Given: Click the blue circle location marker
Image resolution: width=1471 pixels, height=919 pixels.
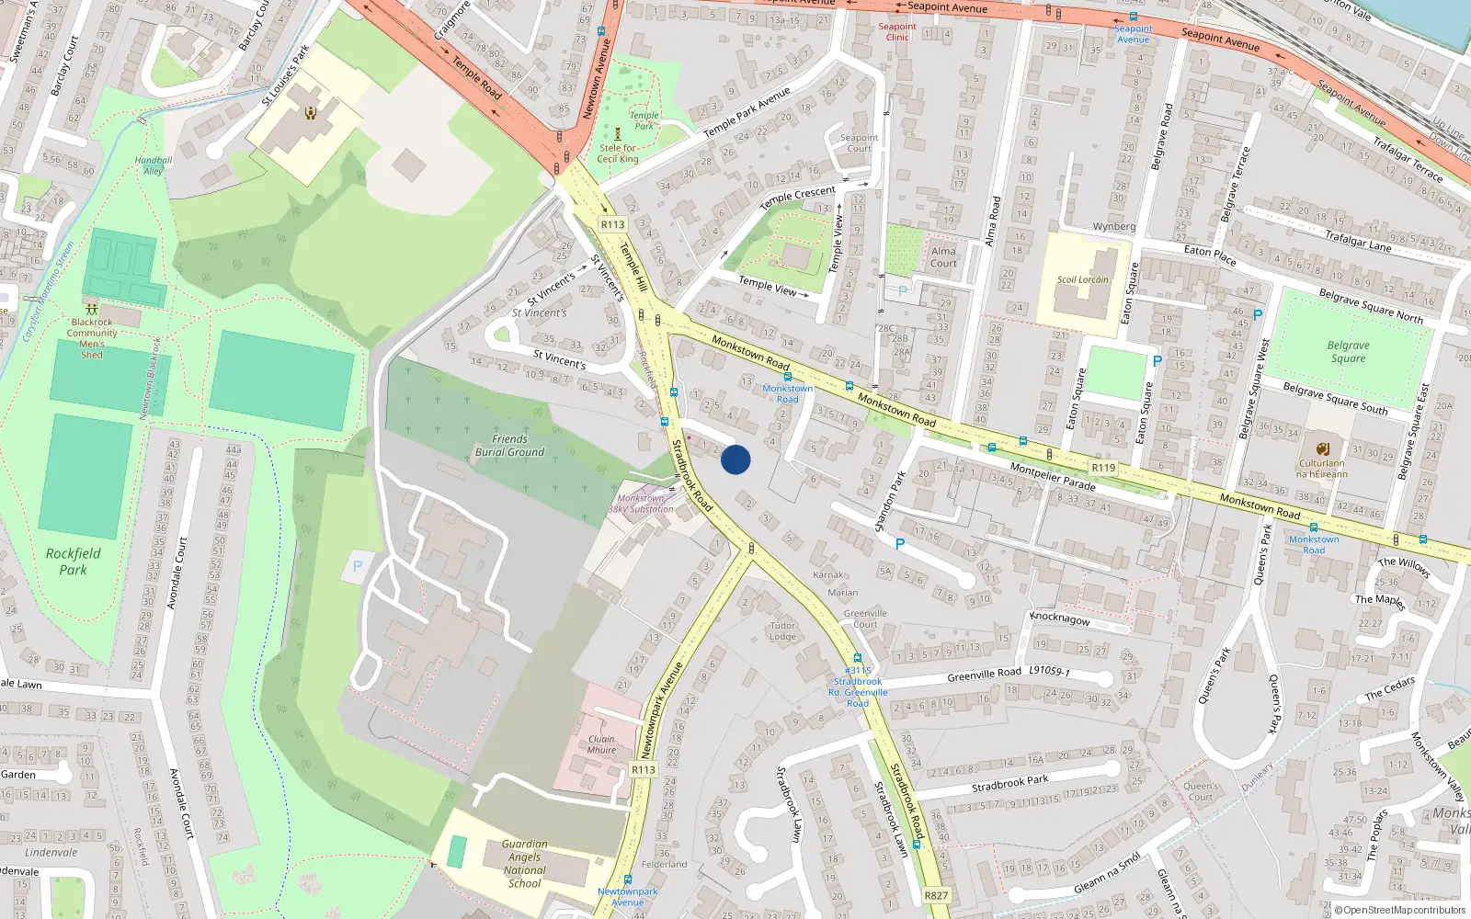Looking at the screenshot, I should [x=735, y=459].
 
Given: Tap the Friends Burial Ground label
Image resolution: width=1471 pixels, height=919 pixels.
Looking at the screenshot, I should [x=509, y=446].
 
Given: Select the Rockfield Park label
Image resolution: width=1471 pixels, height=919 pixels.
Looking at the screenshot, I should [x=73, y=562].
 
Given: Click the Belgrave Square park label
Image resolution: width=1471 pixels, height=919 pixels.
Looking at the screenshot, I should [x=1348, y=352].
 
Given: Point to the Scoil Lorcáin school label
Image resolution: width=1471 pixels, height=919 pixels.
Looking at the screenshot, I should [x=1082, y=279].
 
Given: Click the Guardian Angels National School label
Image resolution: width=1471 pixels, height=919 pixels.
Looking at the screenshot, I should [x=524, y=864].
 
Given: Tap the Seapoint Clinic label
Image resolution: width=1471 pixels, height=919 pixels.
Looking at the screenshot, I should [x=897, y=32].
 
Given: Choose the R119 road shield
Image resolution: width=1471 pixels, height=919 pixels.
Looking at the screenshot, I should [x=1103, y=468].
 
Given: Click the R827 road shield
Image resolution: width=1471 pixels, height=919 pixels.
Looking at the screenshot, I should [x=936, y=895].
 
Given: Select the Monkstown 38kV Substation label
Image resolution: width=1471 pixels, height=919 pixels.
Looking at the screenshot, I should [x=642, y=504].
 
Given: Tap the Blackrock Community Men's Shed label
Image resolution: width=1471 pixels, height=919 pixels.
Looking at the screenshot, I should [x=92, y=338].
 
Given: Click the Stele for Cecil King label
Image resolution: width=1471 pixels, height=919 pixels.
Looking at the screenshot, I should [x=618, y=153].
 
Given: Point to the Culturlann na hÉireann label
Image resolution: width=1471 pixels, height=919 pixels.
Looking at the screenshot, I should [x=1322, y=469].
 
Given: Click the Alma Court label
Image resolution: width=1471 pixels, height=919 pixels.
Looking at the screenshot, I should [x=943, y=257].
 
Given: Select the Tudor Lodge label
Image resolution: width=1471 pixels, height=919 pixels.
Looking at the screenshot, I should [x=782, y=631].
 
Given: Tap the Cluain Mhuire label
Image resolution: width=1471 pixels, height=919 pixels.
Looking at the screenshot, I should [x=602, y=744].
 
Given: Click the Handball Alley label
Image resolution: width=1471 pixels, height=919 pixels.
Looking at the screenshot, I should [x=154, y=165].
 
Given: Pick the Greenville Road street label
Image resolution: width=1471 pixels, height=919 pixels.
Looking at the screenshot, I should [x=984, y=674].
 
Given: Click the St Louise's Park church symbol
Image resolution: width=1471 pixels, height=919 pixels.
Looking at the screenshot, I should [x=311, y=113].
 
